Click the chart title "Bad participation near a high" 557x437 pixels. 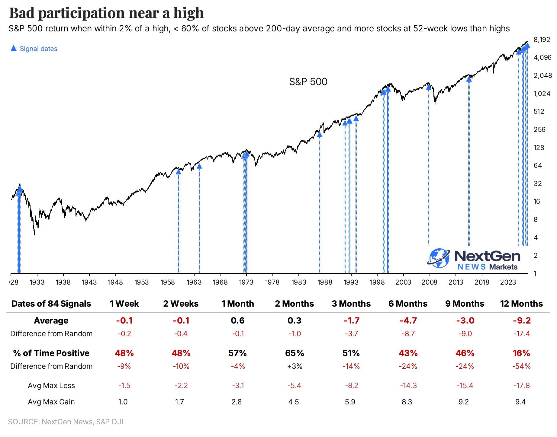(106, 13)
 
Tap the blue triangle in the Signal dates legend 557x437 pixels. (14, 48)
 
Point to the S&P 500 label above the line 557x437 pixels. (308, 81)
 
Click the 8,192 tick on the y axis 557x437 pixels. (542, 40)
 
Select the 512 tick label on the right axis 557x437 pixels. (539, 111)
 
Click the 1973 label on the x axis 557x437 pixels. (246, 282)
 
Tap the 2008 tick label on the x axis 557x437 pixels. (429, 282)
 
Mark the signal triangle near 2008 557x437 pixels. (428, 87)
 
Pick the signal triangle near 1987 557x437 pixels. (320, 134)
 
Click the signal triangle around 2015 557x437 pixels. (469, 79)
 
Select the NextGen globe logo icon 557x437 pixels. (439, 258)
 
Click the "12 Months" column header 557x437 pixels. (521, 304)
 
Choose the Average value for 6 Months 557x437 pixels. (408, 321)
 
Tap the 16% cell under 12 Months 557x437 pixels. (521, 353)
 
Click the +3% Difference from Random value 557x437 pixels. (295, 366)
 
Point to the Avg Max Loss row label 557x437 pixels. (51, 385)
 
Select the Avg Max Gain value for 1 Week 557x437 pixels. (123, 402)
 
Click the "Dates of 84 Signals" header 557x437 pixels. (51, 304)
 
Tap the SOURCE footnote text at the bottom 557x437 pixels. (66, 422)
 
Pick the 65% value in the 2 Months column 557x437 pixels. (295, 353)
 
